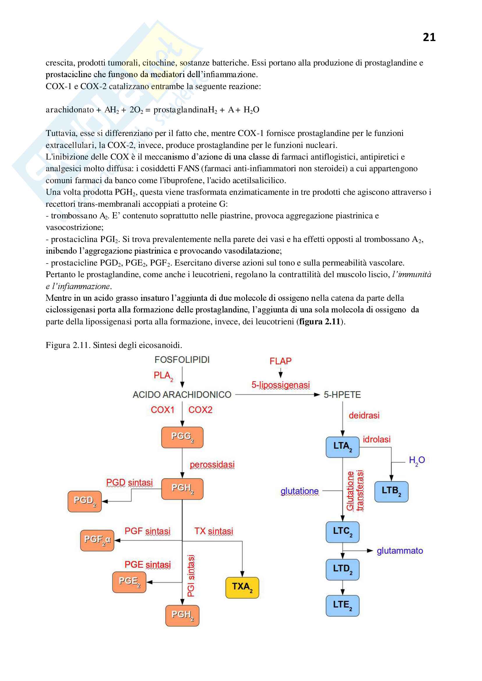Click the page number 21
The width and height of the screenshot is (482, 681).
tap(429, 37)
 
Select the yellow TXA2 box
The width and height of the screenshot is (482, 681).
tap(242, 587)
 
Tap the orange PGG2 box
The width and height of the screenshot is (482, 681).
tap(182, 438)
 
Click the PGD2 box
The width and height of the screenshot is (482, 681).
tap(85, 502)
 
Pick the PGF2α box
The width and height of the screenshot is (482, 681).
tap(97, 540)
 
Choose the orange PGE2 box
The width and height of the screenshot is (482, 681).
tap(129, 582)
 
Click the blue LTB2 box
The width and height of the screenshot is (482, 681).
tap(391, 492)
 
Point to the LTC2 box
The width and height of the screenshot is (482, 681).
tap(342, 532)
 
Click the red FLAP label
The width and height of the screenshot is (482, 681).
tap(280, 361)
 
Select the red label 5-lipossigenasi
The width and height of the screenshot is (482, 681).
tap(280, 385)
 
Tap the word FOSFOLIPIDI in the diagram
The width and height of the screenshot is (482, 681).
tap(182, 360)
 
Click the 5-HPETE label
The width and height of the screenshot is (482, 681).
tap(342, 395)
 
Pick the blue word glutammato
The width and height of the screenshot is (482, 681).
tap(400, 551)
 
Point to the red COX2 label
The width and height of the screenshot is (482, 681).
tap(200, 410)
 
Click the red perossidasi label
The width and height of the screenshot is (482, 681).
tap(212, 464)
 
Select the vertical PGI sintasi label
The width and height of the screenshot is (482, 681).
tap(191, 575)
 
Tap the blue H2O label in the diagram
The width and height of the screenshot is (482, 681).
tap(417, 460)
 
